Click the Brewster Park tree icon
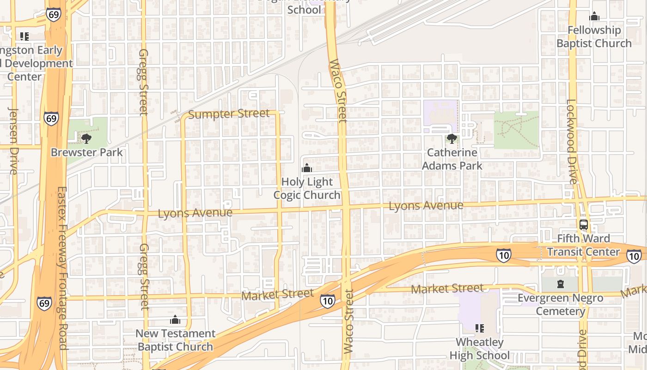(86, 138)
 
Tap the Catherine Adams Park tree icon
(452, 138)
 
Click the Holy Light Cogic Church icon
(306, 168)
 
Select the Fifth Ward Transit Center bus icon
(584, 225)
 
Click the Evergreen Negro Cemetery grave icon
(560, 284)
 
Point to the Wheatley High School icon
(479, 328)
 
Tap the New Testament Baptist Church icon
(175, 320)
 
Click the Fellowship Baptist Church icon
(594, 17)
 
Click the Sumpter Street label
(229, 114)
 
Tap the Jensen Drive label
(13, 141)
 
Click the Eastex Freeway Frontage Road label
(61, 268)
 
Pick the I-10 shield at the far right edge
(634, 255)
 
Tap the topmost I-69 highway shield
(53, 14)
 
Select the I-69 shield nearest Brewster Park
(51, 118)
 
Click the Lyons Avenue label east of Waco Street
(426, 206)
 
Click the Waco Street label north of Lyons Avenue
(338, 91)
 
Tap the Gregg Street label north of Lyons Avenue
(143, 82)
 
